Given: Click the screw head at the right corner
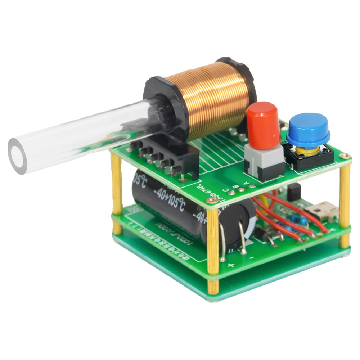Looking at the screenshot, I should pos(346,156).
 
